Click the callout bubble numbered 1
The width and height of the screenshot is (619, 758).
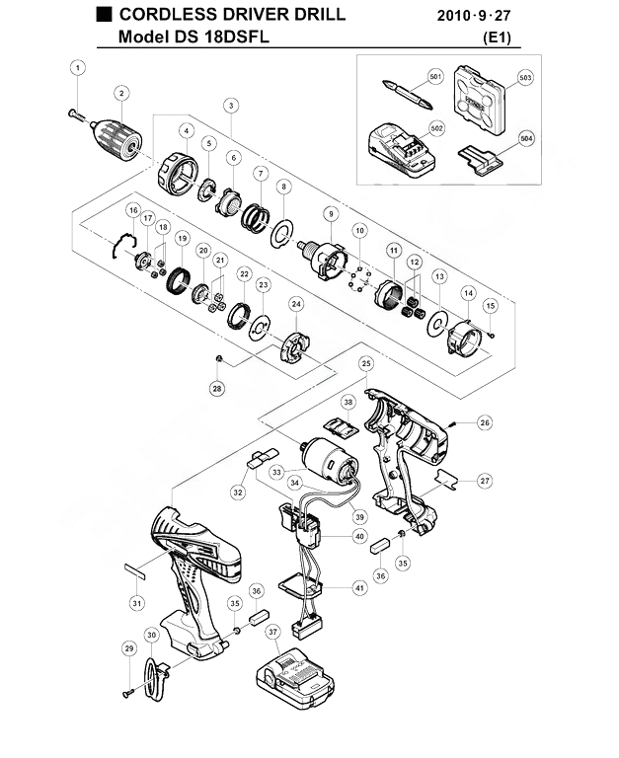point(78,68)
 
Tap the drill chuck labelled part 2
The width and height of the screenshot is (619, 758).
point(116,138)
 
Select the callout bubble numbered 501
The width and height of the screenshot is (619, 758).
point(435,76)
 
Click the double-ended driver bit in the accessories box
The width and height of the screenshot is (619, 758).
point(407,95)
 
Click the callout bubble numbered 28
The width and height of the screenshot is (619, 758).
point(217,388)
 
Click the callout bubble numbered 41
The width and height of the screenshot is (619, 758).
point(359,588)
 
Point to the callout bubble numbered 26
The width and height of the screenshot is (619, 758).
point(484,422)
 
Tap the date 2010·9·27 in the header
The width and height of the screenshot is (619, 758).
point(474,16)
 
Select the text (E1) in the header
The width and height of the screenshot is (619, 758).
point(498,38)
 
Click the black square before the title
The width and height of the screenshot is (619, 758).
point(104,15)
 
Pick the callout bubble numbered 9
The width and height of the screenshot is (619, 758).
point(331,214)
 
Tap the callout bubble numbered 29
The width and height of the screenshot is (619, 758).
point(129,648)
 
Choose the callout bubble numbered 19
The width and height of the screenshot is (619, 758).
point(182,238)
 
